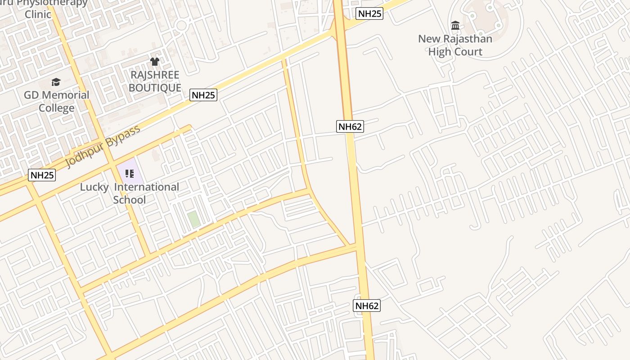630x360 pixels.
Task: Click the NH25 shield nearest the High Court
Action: pos(369,13)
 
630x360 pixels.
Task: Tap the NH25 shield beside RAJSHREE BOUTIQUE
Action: pos(203,95)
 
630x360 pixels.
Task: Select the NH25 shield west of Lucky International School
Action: pos(42,175)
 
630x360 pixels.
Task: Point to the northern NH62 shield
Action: pos(350,126)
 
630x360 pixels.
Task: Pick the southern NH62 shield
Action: pos(367,306)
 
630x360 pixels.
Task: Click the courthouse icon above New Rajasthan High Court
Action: pos(455,25)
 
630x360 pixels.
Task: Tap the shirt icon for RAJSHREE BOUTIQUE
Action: pos(155,62)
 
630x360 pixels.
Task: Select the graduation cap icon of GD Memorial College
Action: pos(56,82)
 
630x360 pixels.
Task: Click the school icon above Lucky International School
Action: pos(130,173)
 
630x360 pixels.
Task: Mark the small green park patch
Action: pos(194,219)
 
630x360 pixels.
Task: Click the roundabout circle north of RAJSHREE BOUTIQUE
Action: pos(181,25)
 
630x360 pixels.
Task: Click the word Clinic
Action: pos(38,14)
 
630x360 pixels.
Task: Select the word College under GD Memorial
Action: pos(56,108)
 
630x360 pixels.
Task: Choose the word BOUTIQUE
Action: pos(155,87)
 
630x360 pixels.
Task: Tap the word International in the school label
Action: pos(147,187)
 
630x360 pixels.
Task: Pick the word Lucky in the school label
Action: pos(94,187)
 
